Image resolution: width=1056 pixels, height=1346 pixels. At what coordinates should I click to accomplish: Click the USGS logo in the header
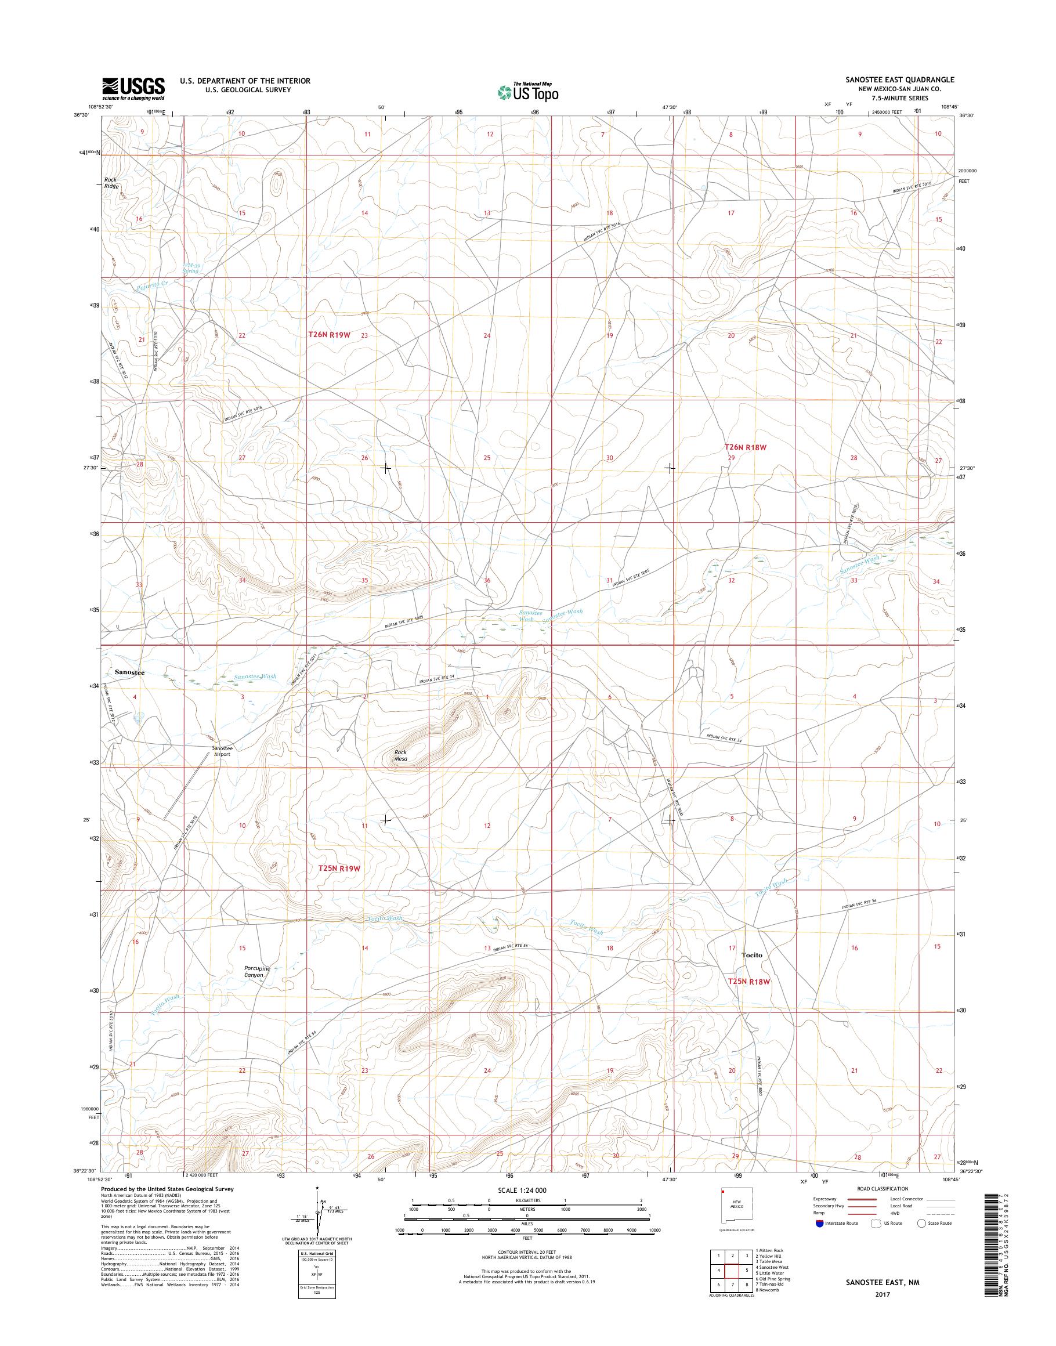[x=133, y=89]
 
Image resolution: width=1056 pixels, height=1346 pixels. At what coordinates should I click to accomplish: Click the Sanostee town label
[x=130, y=671]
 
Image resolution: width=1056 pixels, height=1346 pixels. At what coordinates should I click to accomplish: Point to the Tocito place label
[x=752, y=972]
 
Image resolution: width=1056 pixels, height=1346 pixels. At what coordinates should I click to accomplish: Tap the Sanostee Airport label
[x=220, y=751]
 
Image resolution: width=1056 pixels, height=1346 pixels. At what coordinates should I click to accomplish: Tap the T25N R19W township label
[x=339, y=868]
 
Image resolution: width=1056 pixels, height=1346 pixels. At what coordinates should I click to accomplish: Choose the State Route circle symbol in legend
[x=921, y=1223]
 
